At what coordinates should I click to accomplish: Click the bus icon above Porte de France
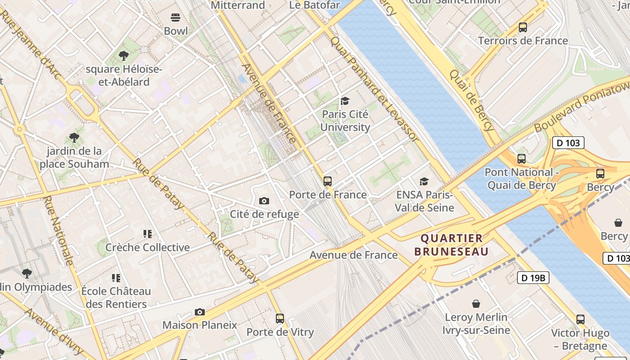point(328,181)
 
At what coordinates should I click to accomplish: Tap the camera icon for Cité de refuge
point(264,201)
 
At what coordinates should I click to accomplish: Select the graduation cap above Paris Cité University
point(345,101)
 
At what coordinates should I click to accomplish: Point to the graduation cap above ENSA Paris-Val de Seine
point(424,181)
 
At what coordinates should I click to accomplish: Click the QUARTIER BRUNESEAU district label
point(451,245)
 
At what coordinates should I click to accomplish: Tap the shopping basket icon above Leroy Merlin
point(476,304)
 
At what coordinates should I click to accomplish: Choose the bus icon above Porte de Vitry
point(280,319)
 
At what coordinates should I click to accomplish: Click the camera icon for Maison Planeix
point(200,312)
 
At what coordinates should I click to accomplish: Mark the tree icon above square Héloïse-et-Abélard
point(124,56)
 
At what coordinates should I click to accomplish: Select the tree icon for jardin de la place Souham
point(74,138)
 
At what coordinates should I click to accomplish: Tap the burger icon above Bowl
point(175,18)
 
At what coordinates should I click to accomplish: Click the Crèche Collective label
point(148,247)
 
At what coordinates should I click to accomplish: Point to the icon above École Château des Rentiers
point(116,278)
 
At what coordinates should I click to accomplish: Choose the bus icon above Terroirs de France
point(523,27)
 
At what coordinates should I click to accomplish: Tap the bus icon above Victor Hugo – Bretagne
point(580,319)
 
